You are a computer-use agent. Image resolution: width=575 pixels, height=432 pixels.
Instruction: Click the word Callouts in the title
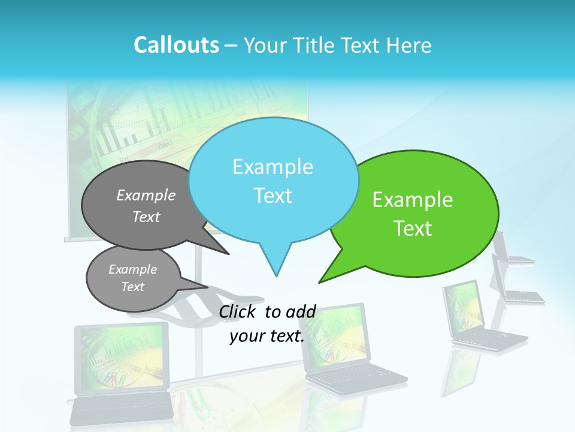pos(176,45)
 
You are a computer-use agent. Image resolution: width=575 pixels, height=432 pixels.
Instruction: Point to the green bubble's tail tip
pos(320,282)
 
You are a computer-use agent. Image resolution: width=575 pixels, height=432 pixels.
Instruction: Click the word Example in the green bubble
pos(413,200)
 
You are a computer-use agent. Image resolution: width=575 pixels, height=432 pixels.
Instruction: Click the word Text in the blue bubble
pos(273,196)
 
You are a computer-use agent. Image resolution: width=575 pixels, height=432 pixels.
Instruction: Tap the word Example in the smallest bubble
pos(132,269)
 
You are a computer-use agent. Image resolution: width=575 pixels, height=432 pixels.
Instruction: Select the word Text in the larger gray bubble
pos(146,217)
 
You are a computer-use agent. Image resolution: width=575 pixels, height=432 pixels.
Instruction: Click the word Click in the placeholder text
pos(238,311)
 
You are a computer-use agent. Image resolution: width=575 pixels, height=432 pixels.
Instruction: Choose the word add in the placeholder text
pos(301,311)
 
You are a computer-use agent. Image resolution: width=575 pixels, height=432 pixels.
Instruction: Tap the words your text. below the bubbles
pos(267,336)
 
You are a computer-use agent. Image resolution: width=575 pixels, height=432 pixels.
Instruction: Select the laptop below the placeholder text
pos(347,348)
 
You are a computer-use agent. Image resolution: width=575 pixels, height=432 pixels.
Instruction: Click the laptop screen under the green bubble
pos(464,304)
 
